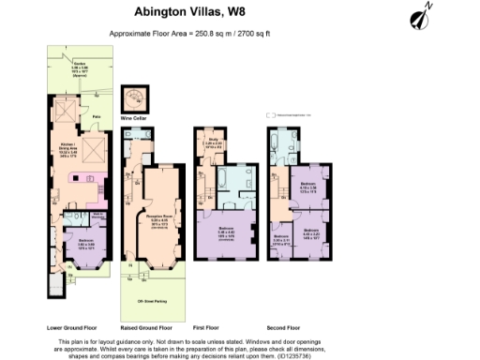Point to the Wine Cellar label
click(x=135, y=119)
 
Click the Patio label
click(x=96, y=117)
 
